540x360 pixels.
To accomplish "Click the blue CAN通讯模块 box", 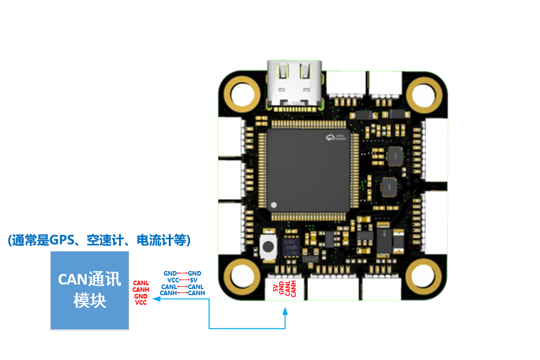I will point(89,290).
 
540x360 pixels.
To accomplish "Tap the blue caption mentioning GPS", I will point(100,240).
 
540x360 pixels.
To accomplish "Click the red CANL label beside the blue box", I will point(141,283).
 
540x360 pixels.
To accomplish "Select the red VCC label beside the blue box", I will point(141,302).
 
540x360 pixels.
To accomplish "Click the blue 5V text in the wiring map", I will point(194,280).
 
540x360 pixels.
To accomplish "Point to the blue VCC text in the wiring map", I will point(173,280).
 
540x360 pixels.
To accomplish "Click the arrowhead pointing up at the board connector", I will point(285,307).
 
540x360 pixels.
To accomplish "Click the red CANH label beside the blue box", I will point(141,290).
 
